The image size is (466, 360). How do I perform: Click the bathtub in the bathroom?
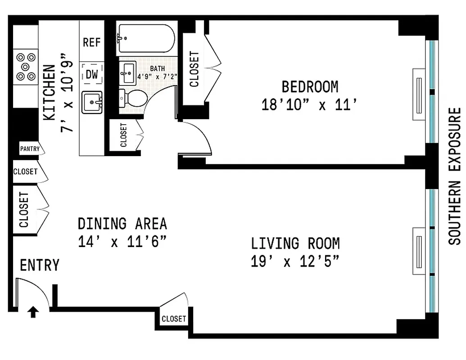(145, 38)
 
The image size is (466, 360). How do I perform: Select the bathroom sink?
(128, 72)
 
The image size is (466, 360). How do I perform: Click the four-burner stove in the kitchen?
(26, 67)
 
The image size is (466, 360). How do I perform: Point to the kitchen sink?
(92, 103)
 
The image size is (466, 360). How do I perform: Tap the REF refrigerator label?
(92, 42)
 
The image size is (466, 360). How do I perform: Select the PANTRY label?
(29, 148)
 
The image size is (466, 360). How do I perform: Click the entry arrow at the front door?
(33, 312)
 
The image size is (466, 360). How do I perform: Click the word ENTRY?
(40, 265)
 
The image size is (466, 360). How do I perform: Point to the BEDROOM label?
(310, 86)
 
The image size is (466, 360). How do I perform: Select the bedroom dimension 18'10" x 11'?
(310, 105)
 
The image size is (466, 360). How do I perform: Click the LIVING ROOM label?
(295, 243)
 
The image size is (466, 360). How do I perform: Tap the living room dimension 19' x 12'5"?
(295, 261)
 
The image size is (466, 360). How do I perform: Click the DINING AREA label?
(122, 224)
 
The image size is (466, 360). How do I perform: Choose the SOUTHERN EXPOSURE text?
(455, 176)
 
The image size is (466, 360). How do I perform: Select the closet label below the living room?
(174, 319)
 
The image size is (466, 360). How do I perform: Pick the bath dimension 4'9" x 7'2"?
(158, 76)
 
